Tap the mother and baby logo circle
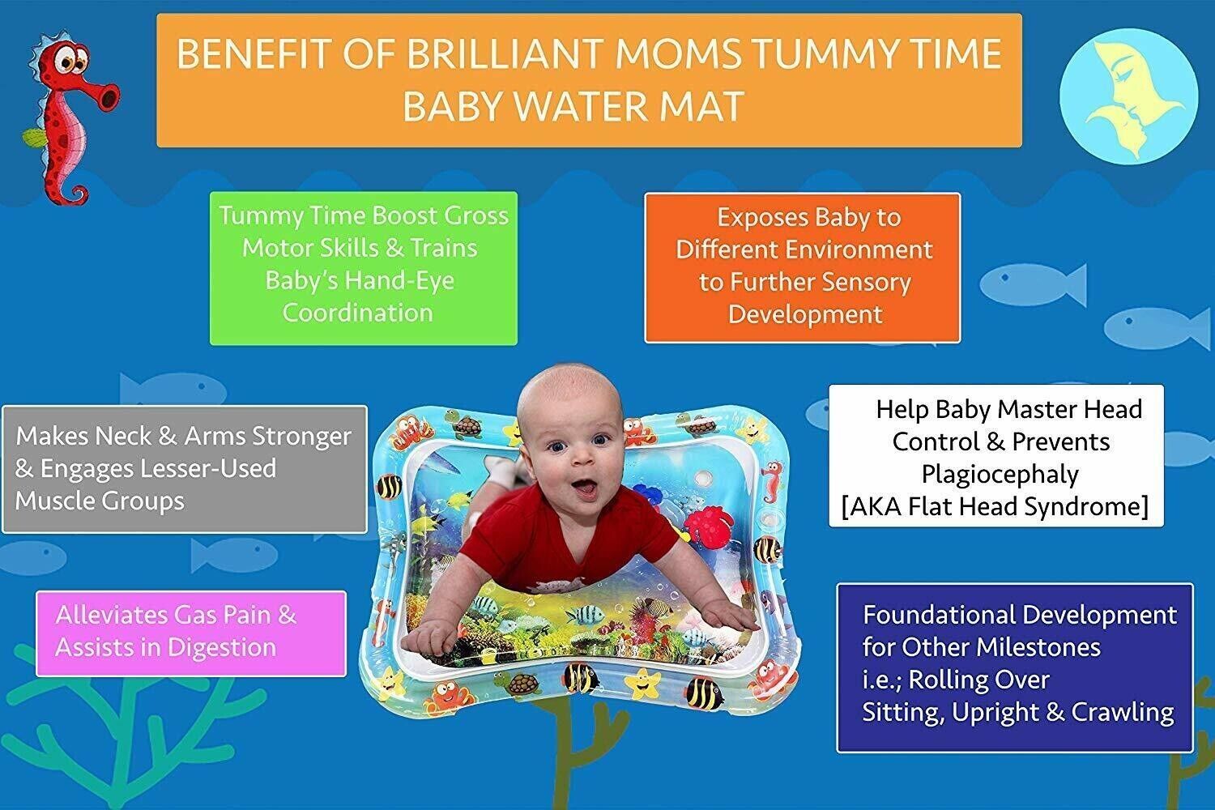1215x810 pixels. point(1129,96)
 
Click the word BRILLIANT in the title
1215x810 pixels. point(505,54)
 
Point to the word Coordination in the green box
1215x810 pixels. point(358,313)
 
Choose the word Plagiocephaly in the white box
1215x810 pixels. point(1000,475)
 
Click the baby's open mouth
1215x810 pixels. point(585,488)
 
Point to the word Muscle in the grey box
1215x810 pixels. point(53,501)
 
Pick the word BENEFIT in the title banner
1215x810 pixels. point(254,54)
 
